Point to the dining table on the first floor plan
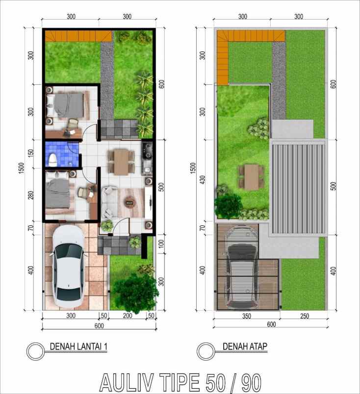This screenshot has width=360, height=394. click(121, 161)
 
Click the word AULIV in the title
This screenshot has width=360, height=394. click(132, 383)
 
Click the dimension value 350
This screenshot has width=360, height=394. click(246, 317)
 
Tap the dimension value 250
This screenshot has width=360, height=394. click(304, 317)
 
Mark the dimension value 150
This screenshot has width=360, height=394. click(31, 153)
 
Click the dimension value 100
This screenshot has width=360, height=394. click(161, 244)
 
